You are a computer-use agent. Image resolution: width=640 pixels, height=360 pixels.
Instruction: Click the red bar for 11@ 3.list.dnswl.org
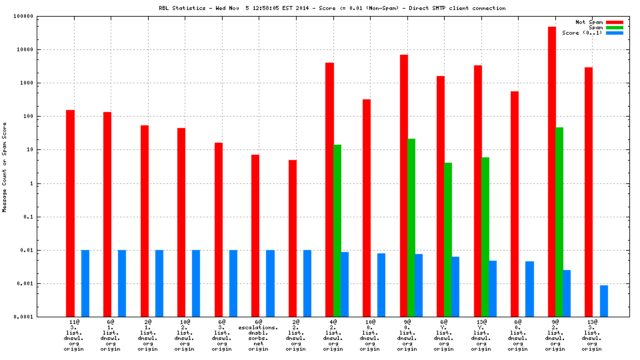coord(70,213)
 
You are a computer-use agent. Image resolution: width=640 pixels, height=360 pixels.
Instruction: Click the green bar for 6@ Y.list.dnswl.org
coord(448,239)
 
